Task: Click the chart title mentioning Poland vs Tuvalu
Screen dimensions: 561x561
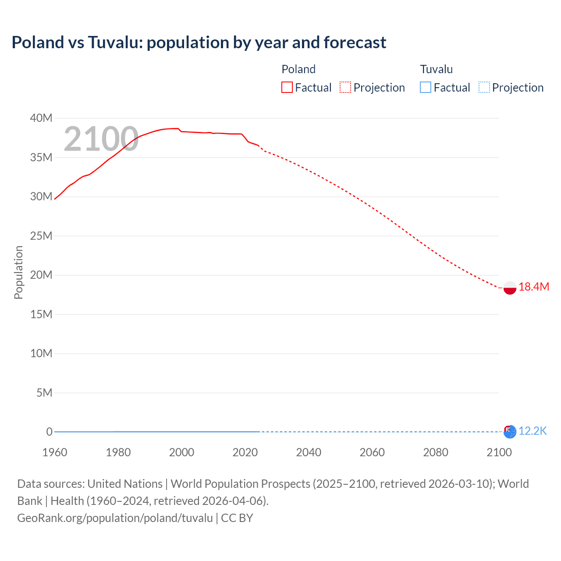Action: pyautogui.click(x=199, y=43)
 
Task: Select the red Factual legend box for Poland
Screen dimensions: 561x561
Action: pyautogui.click(x=287, y=88)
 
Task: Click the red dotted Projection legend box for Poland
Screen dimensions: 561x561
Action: pyautogui.click(x=345, y=88)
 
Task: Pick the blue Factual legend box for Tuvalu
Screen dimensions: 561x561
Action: pyautogui.click(x=426, y=88)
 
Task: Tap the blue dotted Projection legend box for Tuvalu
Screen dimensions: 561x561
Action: pyautogui.click(x=484, y=88)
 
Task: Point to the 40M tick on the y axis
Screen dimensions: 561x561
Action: pyautogui.click(x=41, y=118)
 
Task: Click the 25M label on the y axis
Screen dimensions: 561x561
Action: pyautogui.click(x=41, y=236)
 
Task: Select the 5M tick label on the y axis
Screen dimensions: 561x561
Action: pyautogui.click(x=44, y=393)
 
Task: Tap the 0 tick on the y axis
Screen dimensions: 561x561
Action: pyautogui.click(x=49, y=432)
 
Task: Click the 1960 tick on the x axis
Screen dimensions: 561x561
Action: pyautogui.click(x=55, y=452)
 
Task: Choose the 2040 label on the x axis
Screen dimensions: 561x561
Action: pyautogui.click(x=309, y=452)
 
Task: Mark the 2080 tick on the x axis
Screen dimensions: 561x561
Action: pyautogui.click(x=436, y=452)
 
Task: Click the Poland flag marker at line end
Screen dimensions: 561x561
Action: pyautogui.click(x=510, y=288)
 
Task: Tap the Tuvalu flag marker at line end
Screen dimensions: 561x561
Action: pyautogui.click(x=510, y=432)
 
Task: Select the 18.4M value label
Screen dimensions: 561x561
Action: pyautogui.click(x=534, y=287)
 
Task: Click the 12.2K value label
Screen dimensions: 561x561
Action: pyautogui.click(x=533, y=431)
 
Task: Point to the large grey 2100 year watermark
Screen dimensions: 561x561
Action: pyautogui.click(x=101, y=139)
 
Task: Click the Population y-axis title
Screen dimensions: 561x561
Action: pyautogui.click(x=18, y=272)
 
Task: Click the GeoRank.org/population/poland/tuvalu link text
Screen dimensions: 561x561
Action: pyautogui.click(x=115, y=518)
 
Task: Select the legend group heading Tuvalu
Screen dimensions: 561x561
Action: pyautogui.click(x=436, y=69)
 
